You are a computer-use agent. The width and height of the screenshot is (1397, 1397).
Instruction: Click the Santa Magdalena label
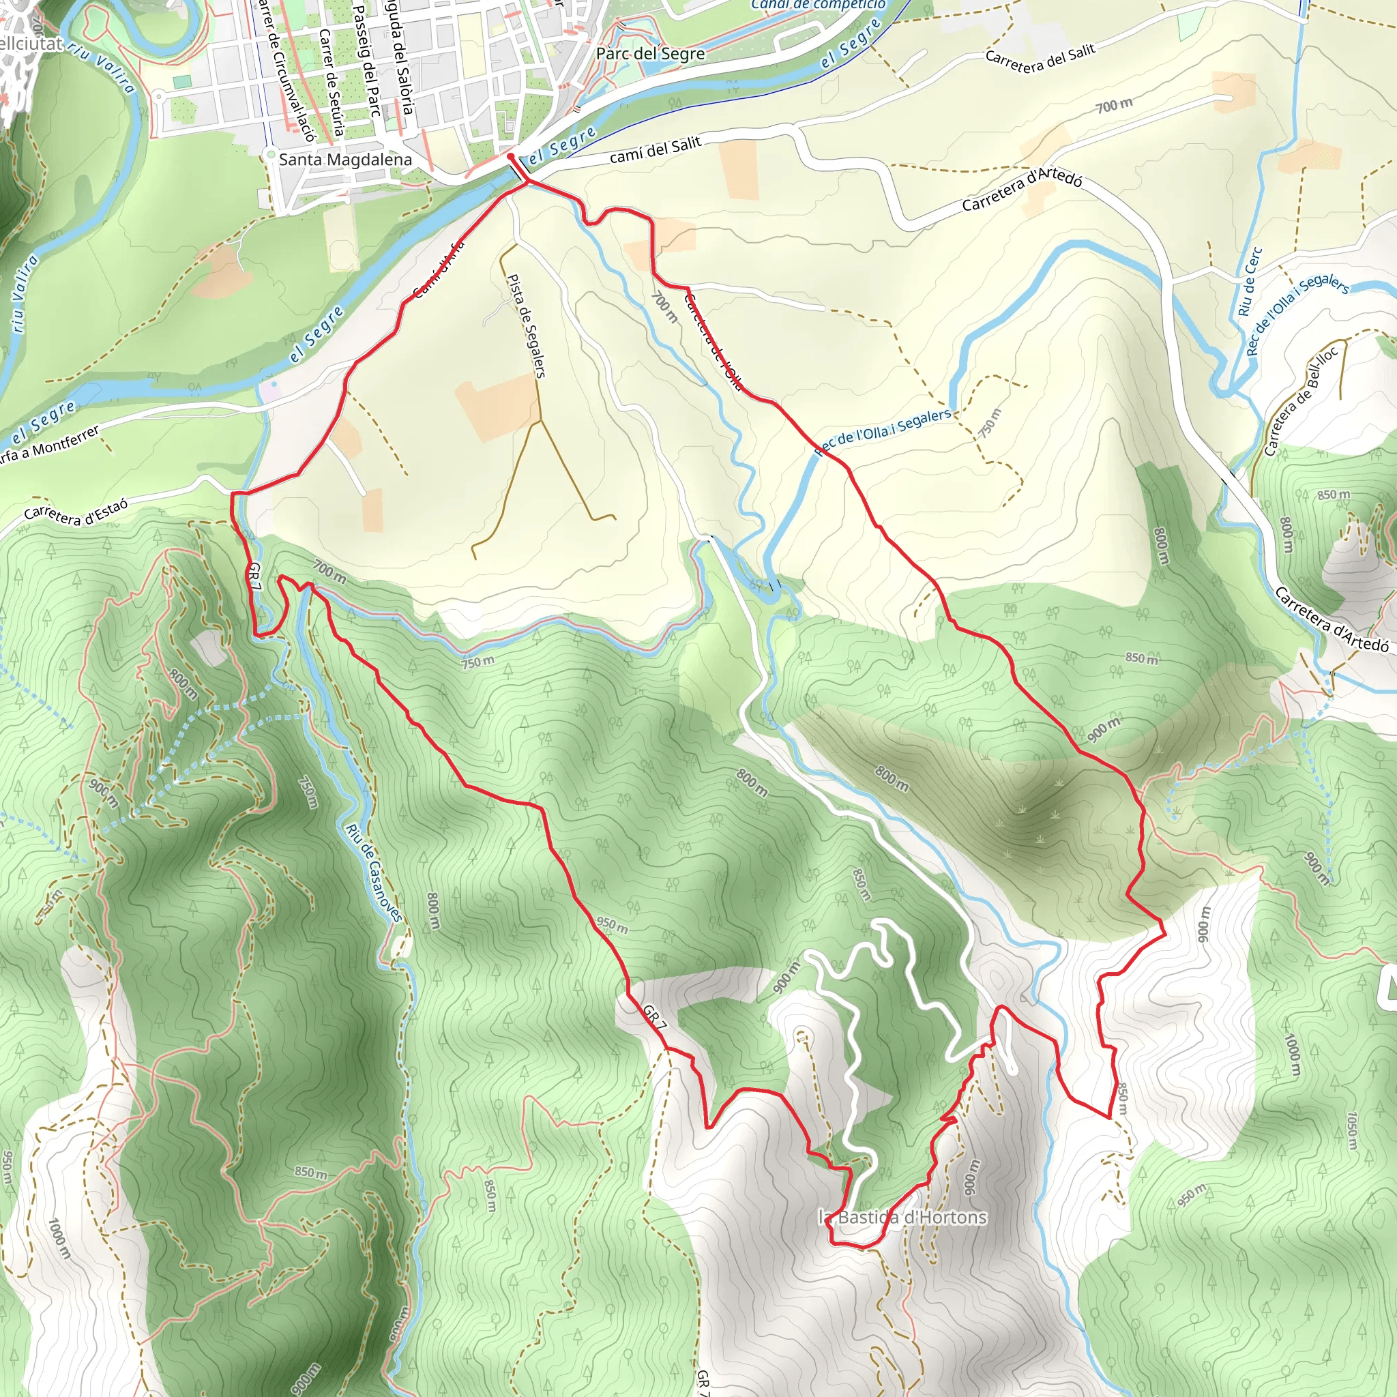coord(345,160)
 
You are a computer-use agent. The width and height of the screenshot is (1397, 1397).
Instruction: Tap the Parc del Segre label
coord(650,53)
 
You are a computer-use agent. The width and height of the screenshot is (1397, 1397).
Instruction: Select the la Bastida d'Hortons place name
coord(902,1217)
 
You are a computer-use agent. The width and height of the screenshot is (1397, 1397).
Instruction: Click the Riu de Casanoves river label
coord(373,872)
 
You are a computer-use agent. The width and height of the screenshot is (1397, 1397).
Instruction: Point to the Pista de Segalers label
coord(527,325)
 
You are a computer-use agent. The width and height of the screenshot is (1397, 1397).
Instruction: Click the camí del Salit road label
coord(655,149)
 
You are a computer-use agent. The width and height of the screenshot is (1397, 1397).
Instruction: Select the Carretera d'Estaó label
coord(76,510)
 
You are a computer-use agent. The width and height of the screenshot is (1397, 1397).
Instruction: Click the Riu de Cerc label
coord(1250,281)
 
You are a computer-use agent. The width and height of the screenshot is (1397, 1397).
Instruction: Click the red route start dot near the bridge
coord(510,156)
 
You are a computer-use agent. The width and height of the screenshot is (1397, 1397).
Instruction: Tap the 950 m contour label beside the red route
coord(612,925)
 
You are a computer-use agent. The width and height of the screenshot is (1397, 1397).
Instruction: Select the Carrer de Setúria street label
coord(330,83)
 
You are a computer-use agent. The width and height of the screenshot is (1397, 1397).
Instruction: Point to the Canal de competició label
coord(818,5)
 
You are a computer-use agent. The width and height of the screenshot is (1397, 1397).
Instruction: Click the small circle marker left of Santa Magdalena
coord(270,155)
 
